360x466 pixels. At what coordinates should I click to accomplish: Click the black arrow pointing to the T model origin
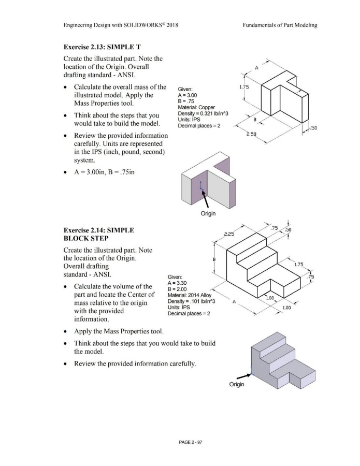[206, 199]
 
